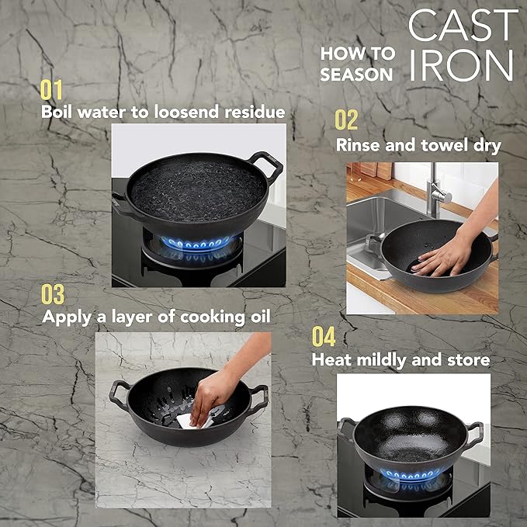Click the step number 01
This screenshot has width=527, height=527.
coord(51,90)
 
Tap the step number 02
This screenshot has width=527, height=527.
coord(346,120)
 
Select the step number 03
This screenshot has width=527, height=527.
coord(53,294)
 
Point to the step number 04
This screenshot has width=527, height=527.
coord(324,336)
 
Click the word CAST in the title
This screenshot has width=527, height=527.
coord(463,26)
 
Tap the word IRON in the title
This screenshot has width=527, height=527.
coord(462,65)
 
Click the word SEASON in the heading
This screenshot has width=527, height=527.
coord(356,75)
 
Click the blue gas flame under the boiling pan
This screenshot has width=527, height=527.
coord(196,244)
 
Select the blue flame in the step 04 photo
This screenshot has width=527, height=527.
coord(411,474)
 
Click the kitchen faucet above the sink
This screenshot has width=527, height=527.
coord(438,191)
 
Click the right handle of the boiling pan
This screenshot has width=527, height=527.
coord(266,166)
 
